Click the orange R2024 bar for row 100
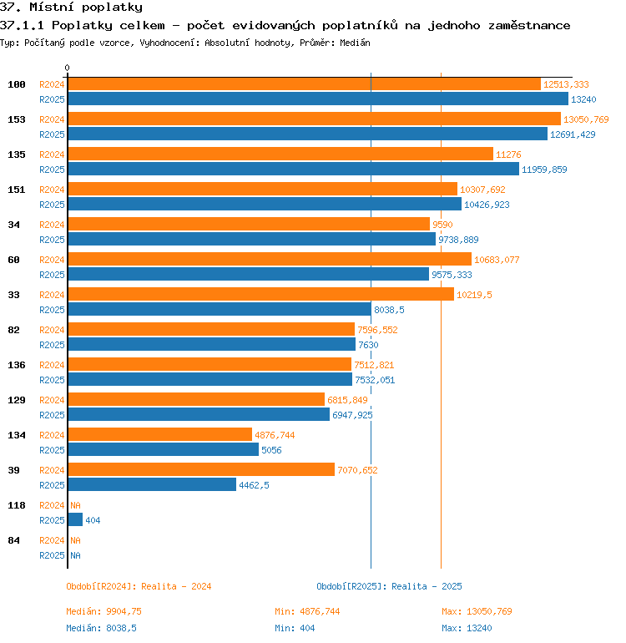(304, 84)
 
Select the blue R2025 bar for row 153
(307, 134)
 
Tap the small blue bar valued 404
(75, 519)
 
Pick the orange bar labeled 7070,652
(201, 469)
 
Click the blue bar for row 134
(163, 449)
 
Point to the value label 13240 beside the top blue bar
(583, 99)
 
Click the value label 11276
(508, 154)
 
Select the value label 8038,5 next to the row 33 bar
(389, 310)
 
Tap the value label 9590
(442, 225)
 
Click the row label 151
(17, 190)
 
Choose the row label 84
(13, 540)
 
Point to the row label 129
(17, 400)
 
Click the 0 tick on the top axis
(68, 68)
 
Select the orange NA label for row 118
(75, 505)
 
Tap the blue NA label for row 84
(75, 555)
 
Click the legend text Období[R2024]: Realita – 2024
(139, 586)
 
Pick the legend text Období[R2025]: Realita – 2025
(389, 586)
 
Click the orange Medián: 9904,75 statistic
(103, 611)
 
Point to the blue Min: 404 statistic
(295, 628)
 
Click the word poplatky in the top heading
(112, 8)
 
